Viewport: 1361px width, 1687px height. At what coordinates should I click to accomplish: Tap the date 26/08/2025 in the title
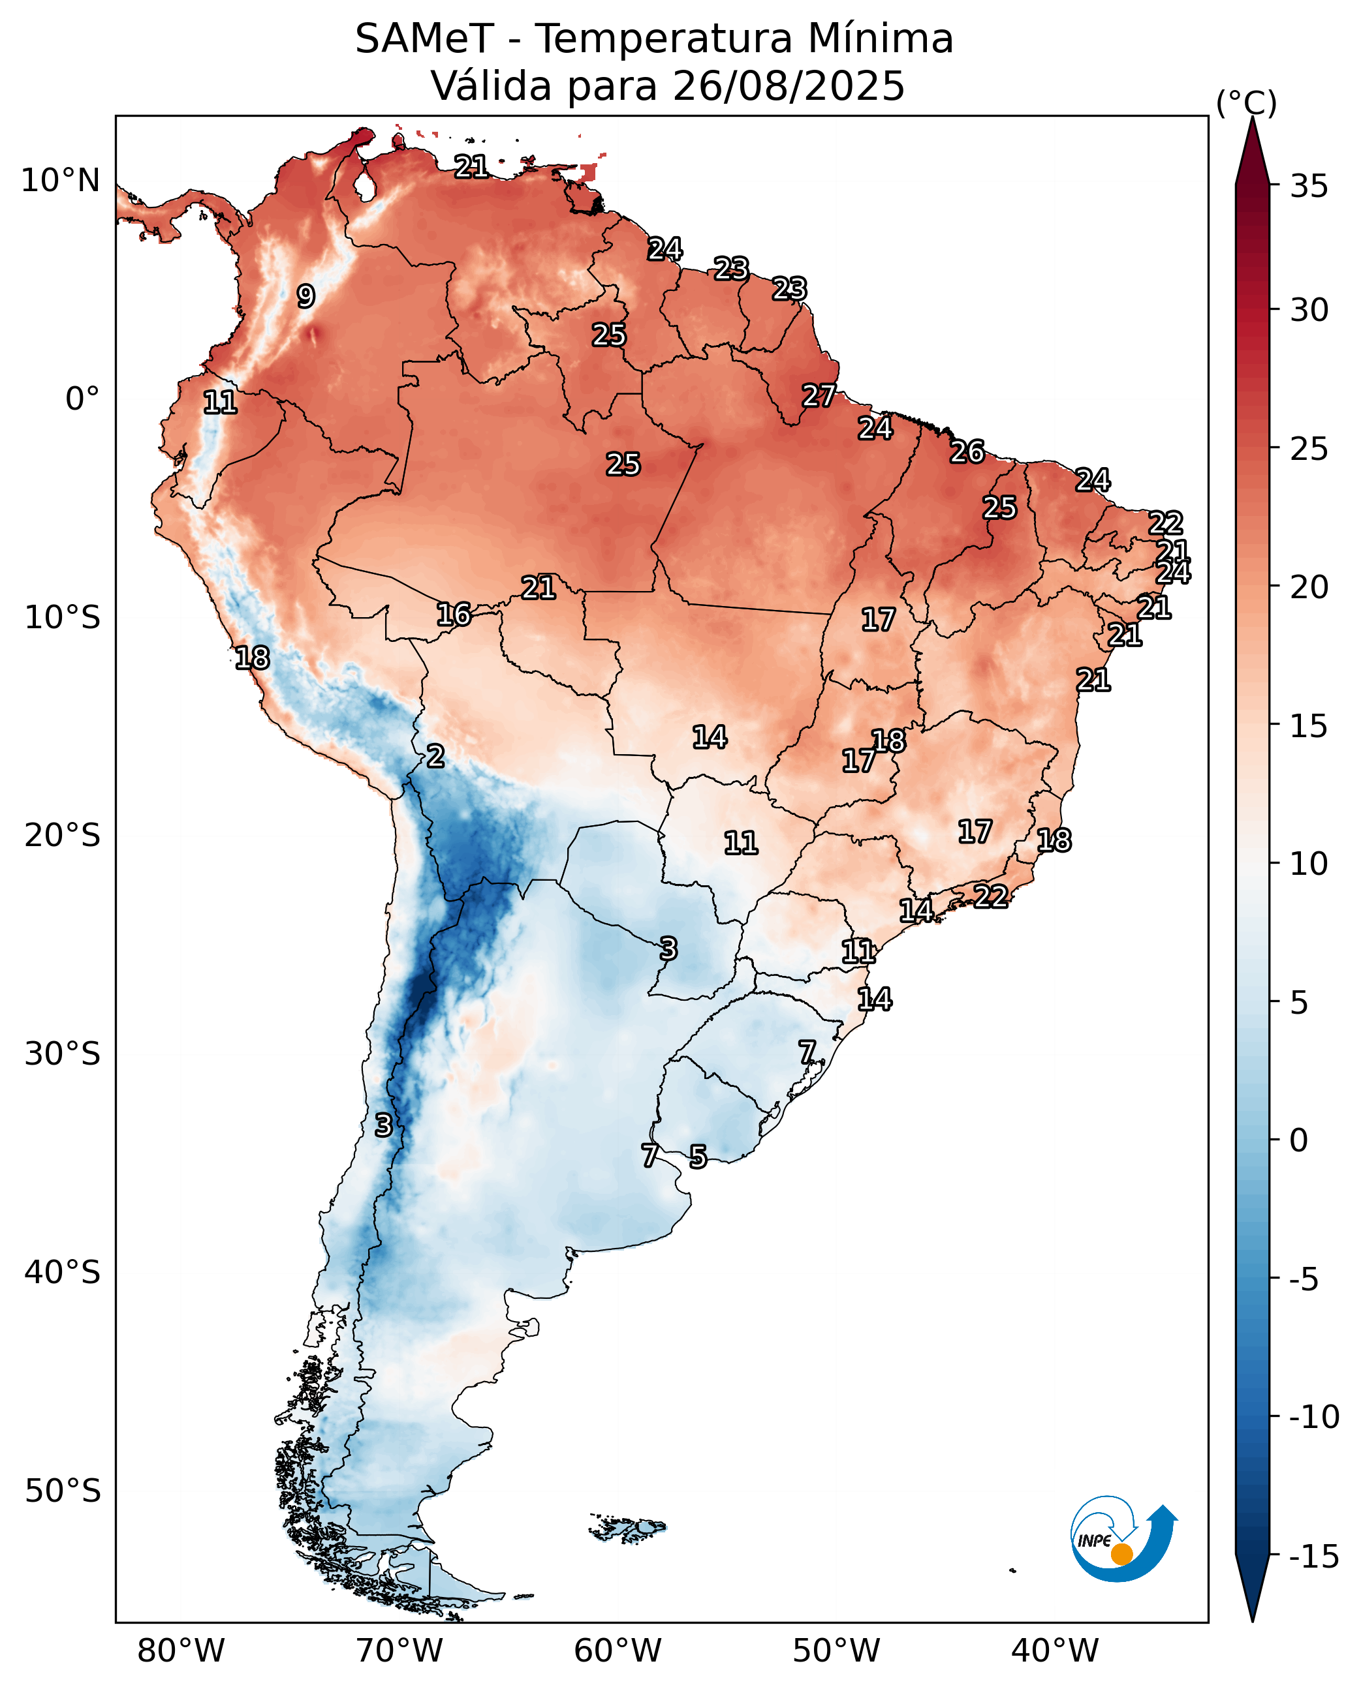(x=788, y=85)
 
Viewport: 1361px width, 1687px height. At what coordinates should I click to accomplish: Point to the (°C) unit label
(x=1245, y=102)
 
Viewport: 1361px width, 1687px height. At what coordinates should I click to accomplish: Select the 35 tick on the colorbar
(x=1309, y=187)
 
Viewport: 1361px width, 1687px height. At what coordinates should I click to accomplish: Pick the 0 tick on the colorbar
(x=1298, y=1141)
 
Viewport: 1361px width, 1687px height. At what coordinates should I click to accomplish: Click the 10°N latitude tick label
(x=60, y=181)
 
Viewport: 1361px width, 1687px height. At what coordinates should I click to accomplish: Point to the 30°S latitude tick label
(x=63, y=1054)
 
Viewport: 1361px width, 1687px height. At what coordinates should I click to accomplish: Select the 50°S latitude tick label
(x=63, y=1491)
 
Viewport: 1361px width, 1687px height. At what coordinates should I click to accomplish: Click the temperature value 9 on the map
(x=305, y=296)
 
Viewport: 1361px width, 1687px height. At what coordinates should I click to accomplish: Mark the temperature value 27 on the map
(x=819, y=396)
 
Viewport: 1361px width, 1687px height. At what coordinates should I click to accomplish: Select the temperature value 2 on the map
(x=435, y=756)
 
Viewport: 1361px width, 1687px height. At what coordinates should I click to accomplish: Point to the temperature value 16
(x=454, y=615)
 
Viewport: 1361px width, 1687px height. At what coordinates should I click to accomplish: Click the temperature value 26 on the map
(x=967, y=451)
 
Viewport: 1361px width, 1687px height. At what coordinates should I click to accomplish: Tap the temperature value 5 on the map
(x=698, y=1157)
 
